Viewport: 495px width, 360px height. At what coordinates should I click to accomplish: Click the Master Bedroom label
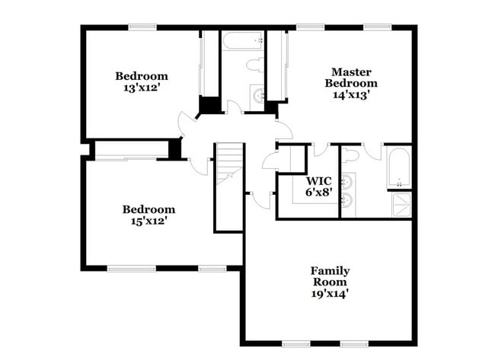click(x=350, y=76)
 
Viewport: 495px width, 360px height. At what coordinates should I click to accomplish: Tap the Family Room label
click(x=330, y=276)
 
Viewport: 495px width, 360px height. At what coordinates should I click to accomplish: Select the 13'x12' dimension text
click(x=141, y=88)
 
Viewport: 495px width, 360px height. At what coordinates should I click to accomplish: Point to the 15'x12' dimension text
click(x=148, y=221)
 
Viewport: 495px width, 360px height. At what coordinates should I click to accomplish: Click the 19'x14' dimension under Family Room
click(x=330, y=292)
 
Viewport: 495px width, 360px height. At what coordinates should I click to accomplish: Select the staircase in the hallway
click(x=228, y=164)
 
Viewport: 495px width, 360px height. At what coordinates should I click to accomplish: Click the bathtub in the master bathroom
click(x=398, y=167)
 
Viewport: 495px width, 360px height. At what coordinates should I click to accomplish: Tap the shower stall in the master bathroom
click(x=400, y=203)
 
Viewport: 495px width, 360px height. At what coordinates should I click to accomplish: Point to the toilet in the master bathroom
click(x=350, y=155)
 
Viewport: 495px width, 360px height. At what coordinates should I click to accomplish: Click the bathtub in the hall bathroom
click(x=242, y=42)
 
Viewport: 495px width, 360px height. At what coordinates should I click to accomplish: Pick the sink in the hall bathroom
click(x=257, y=95)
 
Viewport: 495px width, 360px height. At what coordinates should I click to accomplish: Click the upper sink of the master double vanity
click(x=347, y=183)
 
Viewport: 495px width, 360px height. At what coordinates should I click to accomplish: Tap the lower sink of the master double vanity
click(x=347, y=201)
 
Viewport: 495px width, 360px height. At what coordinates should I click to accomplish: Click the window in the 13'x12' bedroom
click(x=142, y=27)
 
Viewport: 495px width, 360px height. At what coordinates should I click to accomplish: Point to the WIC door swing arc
click(x=320, y=150)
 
